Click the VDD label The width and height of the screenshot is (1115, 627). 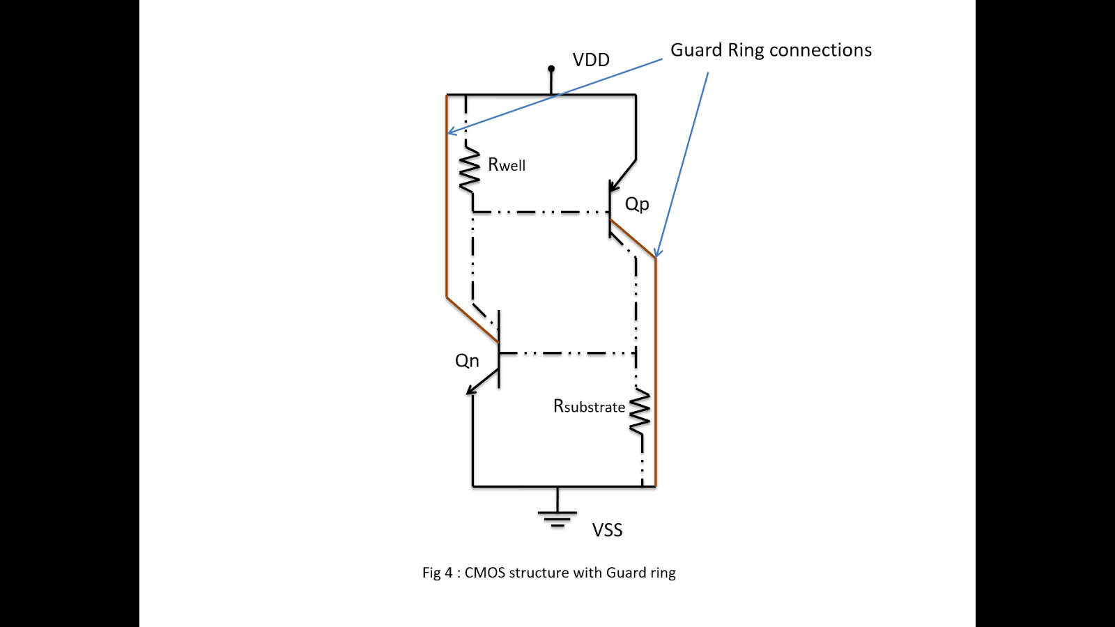coord(591,60)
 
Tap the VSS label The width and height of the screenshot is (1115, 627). coord(607,530)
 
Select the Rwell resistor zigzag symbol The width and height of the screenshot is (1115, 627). coord(470,170)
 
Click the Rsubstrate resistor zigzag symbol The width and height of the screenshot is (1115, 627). coord(640,412)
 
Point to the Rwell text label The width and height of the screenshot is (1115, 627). coord(507,165)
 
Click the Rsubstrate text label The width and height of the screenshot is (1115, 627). coord(589,407)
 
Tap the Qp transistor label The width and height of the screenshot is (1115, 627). coord(637,204)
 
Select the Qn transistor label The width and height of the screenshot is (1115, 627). coord(467,361)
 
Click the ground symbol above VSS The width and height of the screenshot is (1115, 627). coord(557,518)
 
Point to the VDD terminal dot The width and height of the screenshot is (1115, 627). coord(551,68)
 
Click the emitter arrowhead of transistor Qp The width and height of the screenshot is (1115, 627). coord(614,186)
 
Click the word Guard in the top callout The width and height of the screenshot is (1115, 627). coord(696,50)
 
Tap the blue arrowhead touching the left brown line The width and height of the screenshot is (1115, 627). coord(451,131)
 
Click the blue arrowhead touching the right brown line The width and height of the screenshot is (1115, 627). coord(657,253)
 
